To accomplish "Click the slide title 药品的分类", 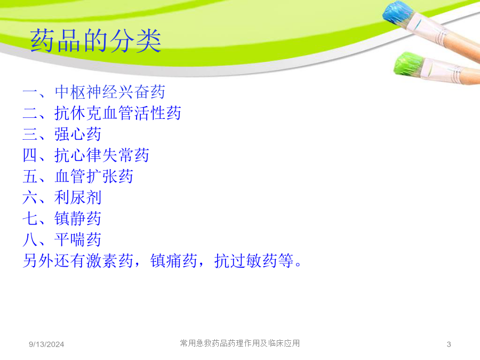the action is [95, 41].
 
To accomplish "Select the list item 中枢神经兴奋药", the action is [110, 92].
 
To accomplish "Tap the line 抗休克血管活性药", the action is [118, 113].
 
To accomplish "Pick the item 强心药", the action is [78, 134].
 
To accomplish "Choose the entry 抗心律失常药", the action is [102, 155].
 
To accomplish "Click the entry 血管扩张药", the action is [94, 177].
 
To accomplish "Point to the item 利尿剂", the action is [78, 197].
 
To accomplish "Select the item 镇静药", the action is [78, 219].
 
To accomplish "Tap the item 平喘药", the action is [78, 239].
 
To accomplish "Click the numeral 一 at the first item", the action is [30, 92].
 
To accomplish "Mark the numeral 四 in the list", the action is [30, 155].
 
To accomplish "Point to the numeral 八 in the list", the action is [30, 239].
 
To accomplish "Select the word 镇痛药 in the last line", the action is [173, 261].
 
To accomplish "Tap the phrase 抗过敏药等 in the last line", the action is [254, 261].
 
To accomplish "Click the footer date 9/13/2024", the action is [46, 345].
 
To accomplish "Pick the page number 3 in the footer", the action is [449, 345].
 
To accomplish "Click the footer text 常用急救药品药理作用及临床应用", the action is [240, 343].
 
